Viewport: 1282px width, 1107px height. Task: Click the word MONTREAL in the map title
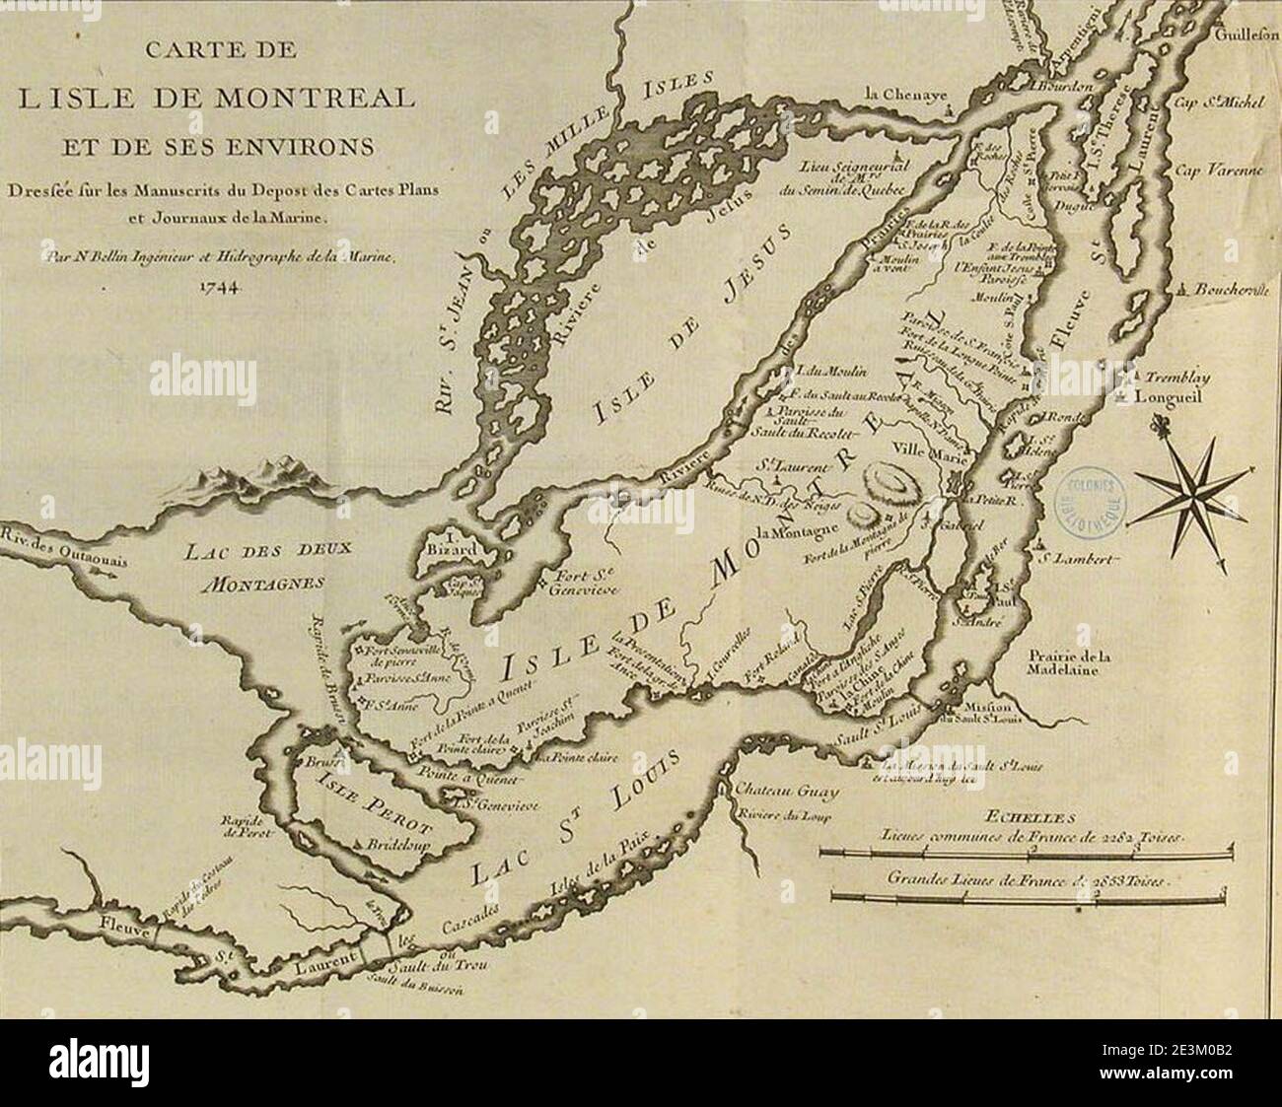tap(297, 99)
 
